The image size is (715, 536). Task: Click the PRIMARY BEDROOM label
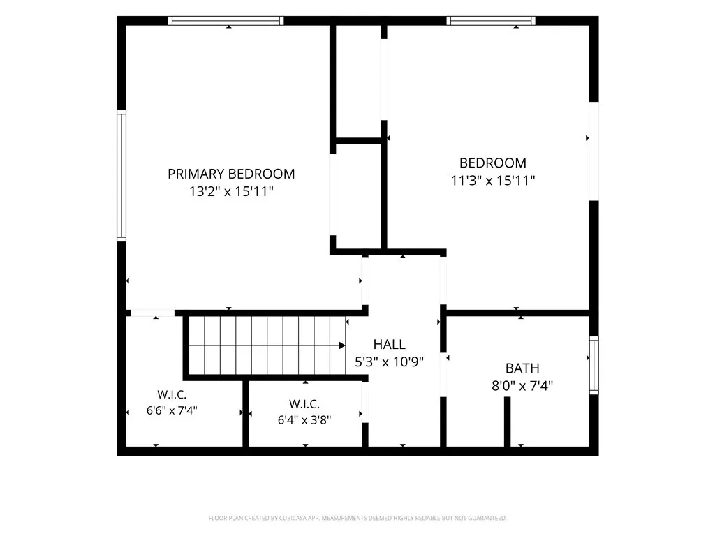pyautogui.click(x=231, y=174)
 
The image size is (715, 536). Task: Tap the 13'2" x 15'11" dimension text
pyautogui.click(x=231, y=191)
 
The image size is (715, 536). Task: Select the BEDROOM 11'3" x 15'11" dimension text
pyautogui.click(x=492, y=181)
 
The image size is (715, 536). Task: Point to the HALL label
pyautogui.click(x=389, y=345)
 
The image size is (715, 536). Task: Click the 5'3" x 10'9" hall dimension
pyautogui.click(x=389, y=362)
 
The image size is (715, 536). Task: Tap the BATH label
pyautogui.click(x=522, y=368)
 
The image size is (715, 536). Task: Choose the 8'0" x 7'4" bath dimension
pyautogui.click(x=522, y=386)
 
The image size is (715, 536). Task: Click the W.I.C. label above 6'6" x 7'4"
pyautogui.click(x=172, y=395)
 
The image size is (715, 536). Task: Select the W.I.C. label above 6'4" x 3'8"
pyautogui.click(x=304, y=404)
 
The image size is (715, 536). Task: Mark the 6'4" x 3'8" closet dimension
pyautogui.click(x=304, y=420)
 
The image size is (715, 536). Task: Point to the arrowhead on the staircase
pyautogui.click(x=342, y=345)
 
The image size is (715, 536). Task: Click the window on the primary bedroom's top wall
pyautogui.click(x=226, y=20)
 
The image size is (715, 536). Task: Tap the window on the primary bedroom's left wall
pyautogui.click(x=121, y=175)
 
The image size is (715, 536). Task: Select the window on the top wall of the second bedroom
pyautogui.click(x=491, y=20)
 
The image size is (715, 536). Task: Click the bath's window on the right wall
pyautogui.click(x=594, y=365)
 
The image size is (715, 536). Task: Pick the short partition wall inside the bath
pyautogui.click(x=507, y=422)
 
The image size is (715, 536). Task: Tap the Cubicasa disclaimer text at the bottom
pyautogui.click(x=357, y=519)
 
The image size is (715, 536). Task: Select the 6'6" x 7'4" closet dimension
pyautogui.click(x=172, y=410)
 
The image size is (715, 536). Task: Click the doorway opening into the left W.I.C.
pyautogui.click(x=152, y=313)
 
